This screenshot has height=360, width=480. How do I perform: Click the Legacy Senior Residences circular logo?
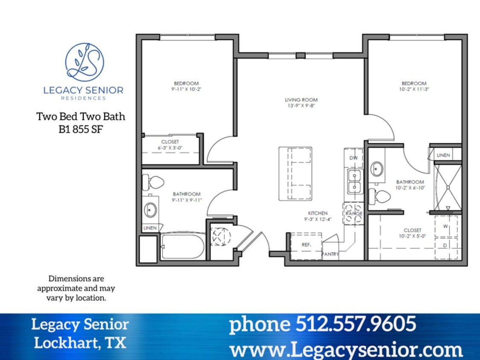tap(84, 62)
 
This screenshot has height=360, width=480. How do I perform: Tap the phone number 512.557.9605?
tap(322, 324)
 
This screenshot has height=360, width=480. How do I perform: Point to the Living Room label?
tap(301, 100)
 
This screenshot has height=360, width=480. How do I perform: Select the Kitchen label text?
tap(318, 213)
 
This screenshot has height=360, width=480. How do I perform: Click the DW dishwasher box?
tap(353, 158)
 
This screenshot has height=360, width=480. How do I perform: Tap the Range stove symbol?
tap(353, 213)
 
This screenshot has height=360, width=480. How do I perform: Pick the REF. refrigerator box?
tap(306, 245)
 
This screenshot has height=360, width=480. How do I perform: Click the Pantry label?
tap(330, 254)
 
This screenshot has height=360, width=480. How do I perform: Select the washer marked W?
tap(445, 226)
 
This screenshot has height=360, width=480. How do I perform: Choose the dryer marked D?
tap(445, 246)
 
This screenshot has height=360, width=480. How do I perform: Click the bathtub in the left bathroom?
tap(183, 247)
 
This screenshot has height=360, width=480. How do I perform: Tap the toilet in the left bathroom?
tap(154, 183)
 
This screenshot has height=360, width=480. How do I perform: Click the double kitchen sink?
tap(354, 181)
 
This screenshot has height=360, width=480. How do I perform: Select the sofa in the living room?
tap(295, 174)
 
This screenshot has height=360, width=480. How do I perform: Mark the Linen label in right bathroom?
tap(443, 155)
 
